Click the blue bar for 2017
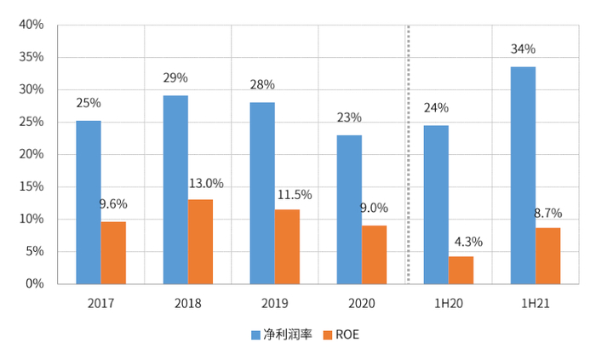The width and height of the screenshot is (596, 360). (x=89, y=202)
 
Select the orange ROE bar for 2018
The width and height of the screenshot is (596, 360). (x=201, y=241)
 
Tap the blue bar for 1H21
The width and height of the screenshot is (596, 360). (x=523, y=174)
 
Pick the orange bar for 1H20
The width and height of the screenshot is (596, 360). (x=461, y=270)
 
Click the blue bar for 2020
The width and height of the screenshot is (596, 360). (x=349, y=209)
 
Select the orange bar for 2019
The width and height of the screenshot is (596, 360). (x=288, y=246)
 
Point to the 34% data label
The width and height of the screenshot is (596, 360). (x=523, y=49)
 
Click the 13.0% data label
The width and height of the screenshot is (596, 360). (x=206, y=183)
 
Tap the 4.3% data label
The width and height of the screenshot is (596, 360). (x=466, y=241)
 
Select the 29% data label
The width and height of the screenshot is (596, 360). (x=175, y=78)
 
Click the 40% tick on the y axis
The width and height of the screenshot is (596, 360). (x=32, y=25)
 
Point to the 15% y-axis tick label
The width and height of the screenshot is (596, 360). (x=32, y=186)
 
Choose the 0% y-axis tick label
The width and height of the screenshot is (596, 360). (x=35, y=283)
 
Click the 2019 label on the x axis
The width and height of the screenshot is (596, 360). (x=275, y=302)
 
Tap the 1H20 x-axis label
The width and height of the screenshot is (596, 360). (x=449, y=302)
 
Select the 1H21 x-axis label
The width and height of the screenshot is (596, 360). (x=536, y=302)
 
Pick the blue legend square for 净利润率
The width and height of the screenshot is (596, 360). (x=255, y=335)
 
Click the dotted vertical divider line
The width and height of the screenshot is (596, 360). (x=409, y=153)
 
